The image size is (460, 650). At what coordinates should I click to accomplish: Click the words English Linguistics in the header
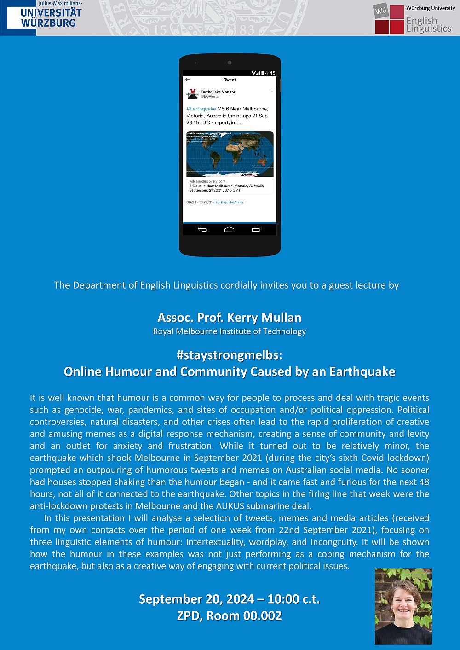coord(428,24)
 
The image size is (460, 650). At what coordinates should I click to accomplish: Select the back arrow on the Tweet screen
coord(188,80)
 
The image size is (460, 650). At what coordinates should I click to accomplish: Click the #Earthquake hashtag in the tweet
coord(201,109)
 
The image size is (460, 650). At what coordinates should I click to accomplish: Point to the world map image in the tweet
coord(230,154)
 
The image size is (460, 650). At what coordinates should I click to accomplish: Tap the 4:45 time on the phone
coord(270,73)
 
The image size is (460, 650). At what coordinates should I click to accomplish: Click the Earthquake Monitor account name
coord(218,92)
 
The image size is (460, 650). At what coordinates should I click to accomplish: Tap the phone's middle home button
coord(229,229)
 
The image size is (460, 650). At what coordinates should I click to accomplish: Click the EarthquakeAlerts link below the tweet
coord(230,203)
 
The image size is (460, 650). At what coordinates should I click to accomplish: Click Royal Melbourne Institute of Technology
coord(230,331)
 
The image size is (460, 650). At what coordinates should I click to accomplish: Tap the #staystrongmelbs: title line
coord(229,355)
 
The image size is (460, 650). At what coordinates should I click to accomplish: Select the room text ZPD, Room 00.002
coord(229,616)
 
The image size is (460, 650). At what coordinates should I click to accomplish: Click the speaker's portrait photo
coord(403,606)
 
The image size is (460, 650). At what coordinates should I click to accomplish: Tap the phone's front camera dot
coord(230,63)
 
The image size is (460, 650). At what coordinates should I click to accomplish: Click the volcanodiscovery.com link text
coord(207,181)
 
